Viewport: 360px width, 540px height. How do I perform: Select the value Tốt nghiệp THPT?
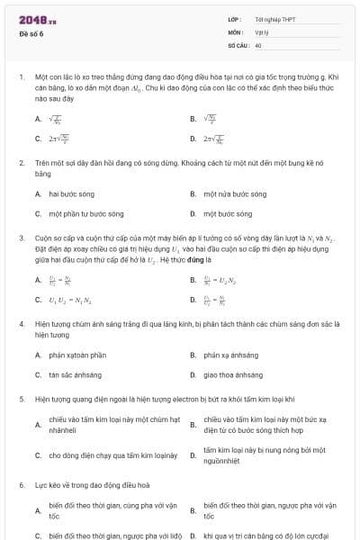(274, 19)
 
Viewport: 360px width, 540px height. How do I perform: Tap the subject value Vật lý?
(261, 31)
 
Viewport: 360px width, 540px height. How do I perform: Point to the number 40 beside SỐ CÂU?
(258, 44)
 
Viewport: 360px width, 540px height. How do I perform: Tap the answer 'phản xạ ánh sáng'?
(231, 355)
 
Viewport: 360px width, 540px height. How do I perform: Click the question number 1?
(21, 78)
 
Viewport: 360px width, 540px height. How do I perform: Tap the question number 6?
(21, 485)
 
